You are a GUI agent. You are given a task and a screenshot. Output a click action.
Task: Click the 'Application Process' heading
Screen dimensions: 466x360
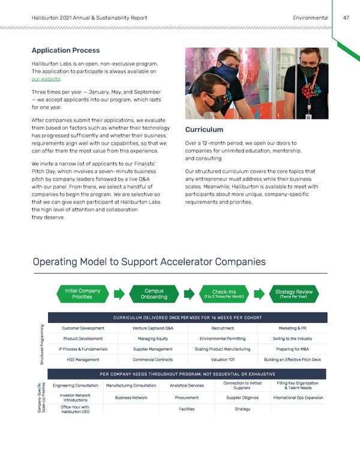pyautogui.click(x=65, y=50)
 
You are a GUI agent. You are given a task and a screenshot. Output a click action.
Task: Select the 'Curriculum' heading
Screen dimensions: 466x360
pyautogui.click(x=204, y=130)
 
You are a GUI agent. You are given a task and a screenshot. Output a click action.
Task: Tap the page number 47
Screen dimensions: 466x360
pyautogui.click(x=346, y=18)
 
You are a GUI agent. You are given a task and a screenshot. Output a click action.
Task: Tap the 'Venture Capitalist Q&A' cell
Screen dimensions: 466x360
pyautogui.click(x=152, y=328)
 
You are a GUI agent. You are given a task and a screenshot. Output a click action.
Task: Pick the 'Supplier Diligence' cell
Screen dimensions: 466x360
pyautogui.click(x=232, y=398)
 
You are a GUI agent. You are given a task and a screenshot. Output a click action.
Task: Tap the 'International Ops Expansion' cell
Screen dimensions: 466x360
pyautogui.click(x=298, y=398)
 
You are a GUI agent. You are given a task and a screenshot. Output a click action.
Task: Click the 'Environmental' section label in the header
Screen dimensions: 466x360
pyautogui.click(x=310, y=18)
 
